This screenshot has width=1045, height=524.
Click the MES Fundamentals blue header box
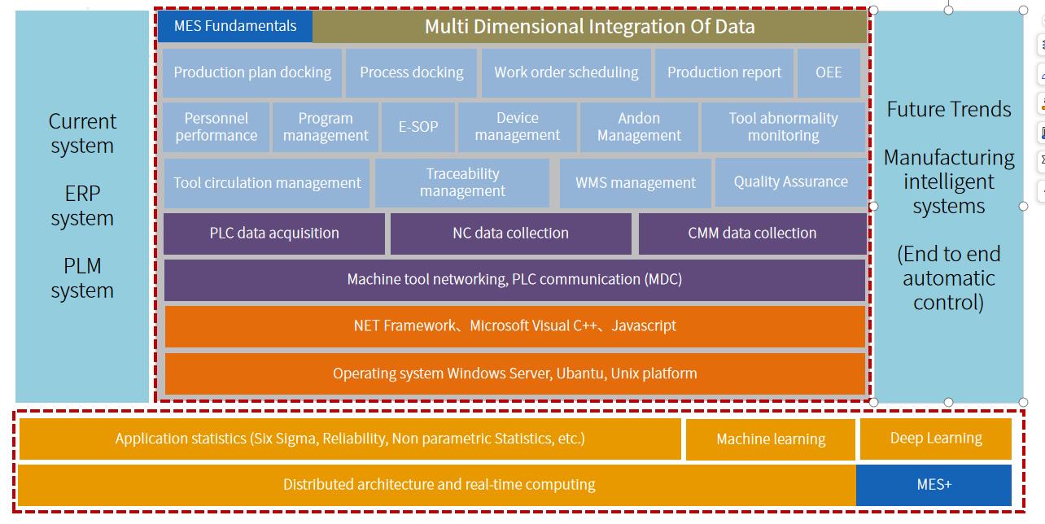tap(235, 26)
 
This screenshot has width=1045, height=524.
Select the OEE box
tap(829, 72)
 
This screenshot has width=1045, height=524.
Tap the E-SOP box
tap(418, 127)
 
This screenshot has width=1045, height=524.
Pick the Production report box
tap(724, 72)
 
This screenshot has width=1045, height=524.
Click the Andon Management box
tap(639, 127)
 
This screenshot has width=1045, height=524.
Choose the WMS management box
tap(636, 183)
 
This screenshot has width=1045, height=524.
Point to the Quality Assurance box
tap(791, 182)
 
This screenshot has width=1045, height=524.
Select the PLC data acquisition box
tap(274, 234)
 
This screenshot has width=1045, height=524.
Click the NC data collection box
tap(511, 234)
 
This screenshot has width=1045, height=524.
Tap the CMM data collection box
tap(753, 234)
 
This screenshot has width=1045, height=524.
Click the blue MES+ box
tap(934, 485)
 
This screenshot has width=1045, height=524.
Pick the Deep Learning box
tap(936, 439)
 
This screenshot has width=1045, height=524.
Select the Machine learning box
tap(771, 439)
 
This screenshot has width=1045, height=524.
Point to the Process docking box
tap(412, 72)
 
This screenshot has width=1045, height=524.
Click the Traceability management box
tap(462, 182)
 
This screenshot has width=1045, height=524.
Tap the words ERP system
tap(82, 206)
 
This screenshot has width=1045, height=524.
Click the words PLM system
tap(82, 278)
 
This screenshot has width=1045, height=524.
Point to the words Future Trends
tap(949, 109)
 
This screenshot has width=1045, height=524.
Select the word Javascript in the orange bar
tap(644, 325)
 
